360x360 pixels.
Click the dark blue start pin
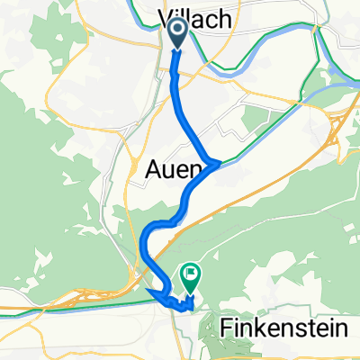click(176, 35)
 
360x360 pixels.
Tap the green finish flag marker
click(191, 276)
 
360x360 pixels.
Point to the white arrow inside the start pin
click(176, 31)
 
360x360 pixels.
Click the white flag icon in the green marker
click(191, 273)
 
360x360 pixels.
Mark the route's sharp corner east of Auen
click(218, 162)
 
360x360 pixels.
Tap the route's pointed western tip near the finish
click(149, 291)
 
